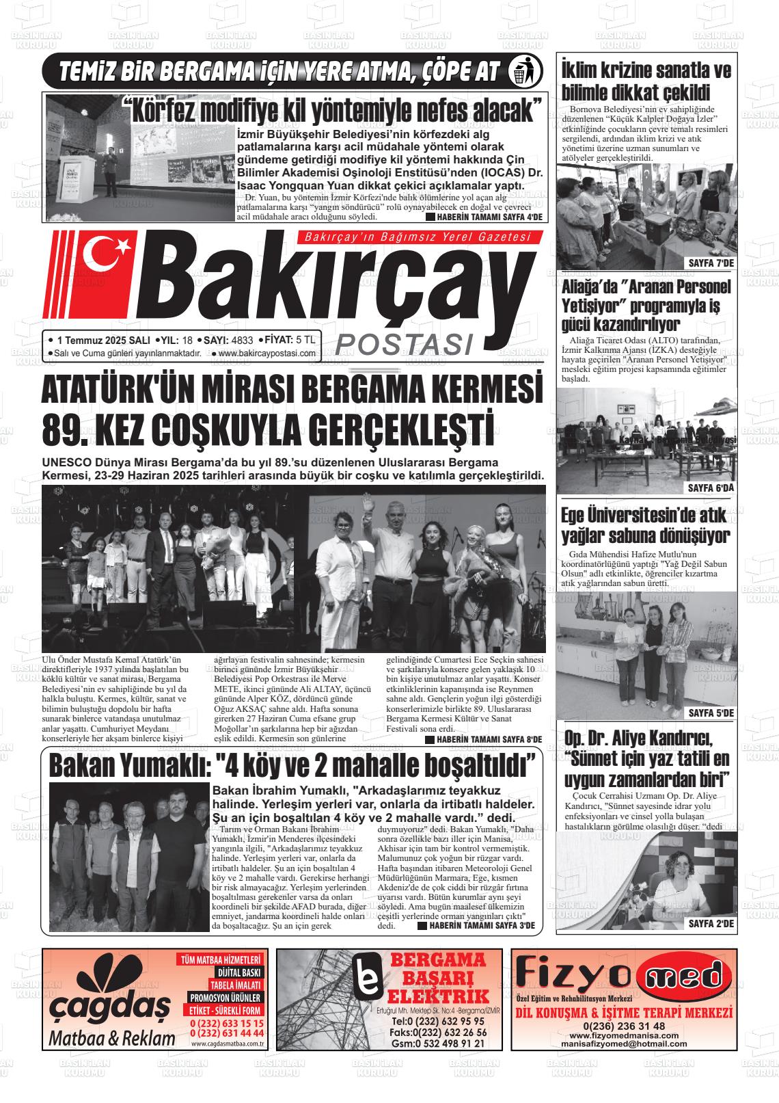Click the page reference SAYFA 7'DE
click(709, 264)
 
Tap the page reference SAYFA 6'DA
click(709, 488)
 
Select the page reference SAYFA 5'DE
click(709, 713)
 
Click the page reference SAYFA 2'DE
click(709, 924)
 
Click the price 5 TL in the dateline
click(305, 340)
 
